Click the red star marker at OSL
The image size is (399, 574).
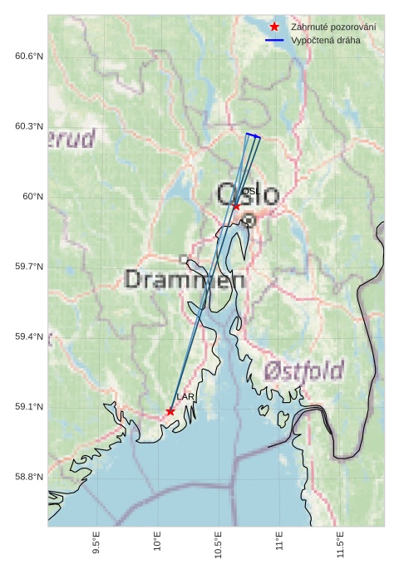(236, 207)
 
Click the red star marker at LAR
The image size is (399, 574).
(170, 411)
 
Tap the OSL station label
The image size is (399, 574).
(251, 192)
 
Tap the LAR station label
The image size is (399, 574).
(185, 398)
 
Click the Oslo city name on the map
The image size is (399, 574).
(247, 194)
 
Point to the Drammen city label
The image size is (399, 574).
(185, 280)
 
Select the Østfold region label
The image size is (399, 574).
(303, 370)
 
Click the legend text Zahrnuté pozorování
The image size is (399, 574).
(332, 27)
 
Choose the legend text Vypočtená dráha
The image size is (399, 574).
(325, 40)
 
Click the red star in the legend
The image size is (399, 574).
(274, 27)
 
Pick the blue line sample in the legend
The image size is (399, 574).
(274, 40)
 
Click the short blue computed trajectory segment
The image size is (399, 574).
(253, 135)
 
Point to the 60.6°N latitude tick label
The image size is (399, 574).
(28, 56)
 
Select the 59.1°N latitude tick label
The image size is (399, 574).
(28, 407)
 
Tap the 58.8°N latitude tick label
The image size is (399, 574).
(28, 477)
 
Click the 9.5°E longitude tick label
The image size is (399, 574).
(96, 544)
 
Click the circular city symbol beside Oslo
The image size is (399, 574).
(249, 220)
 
